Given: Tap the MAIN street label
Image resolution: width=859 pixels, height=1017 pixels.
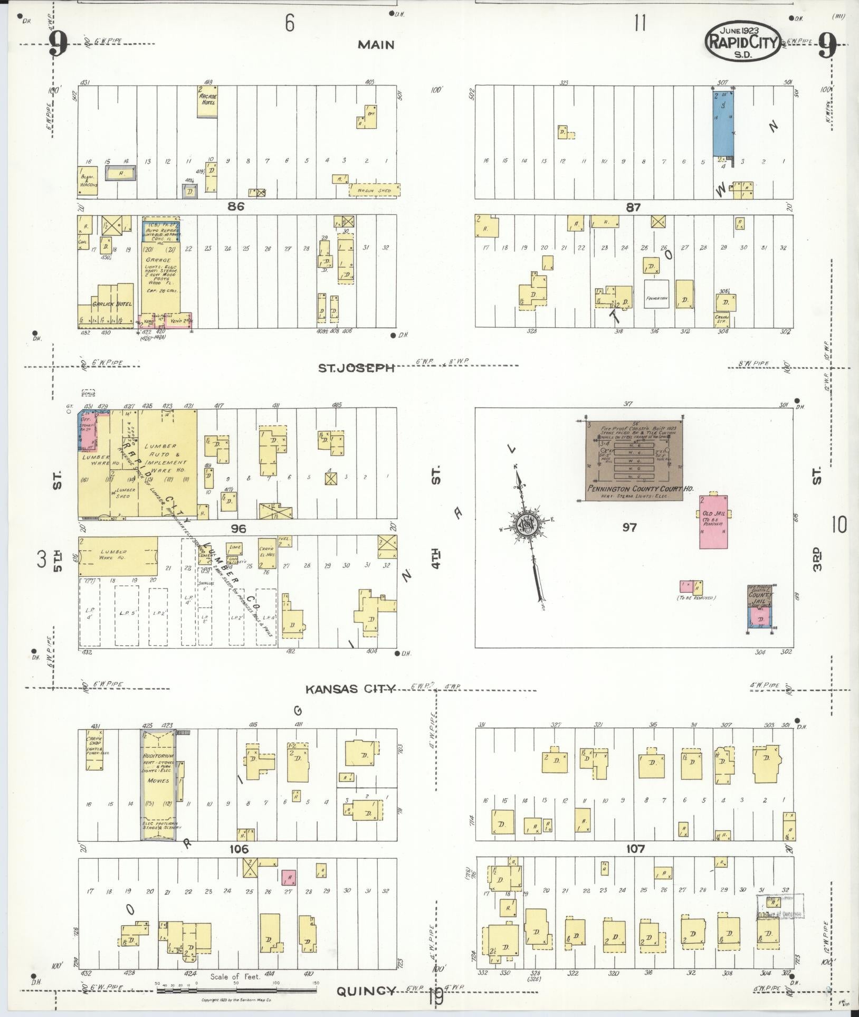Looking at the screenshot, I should [376, 45].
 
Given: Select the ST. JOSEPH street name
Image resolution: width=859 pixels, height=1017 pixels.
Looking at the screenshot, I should [364, 368].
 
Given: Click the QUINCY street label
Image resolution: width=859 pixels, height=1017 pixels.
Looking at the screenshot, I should [366, 991].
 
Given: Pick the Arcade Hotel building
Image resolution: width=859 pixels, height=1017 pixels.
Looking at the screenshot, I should [207, 102].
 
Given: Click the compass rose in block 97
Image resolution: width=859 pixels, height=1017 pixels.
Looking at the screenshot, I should [526, 525].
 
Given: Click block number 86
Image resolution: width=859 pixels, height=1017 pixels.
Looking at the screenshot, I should [236, 207].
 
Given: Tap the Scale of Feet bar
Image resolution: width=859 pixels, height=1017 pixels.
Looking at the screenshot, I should [235, 984].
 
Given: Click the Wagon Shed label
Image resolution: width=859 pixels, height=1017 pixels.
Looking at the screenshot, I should [374, 190].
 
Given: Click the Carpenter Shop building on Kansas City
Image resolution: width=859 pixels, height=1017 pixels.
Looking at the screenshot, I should [95, 749].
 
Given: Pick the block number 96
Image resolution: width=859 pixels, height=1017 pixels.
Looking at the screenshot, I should [238, 528].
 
